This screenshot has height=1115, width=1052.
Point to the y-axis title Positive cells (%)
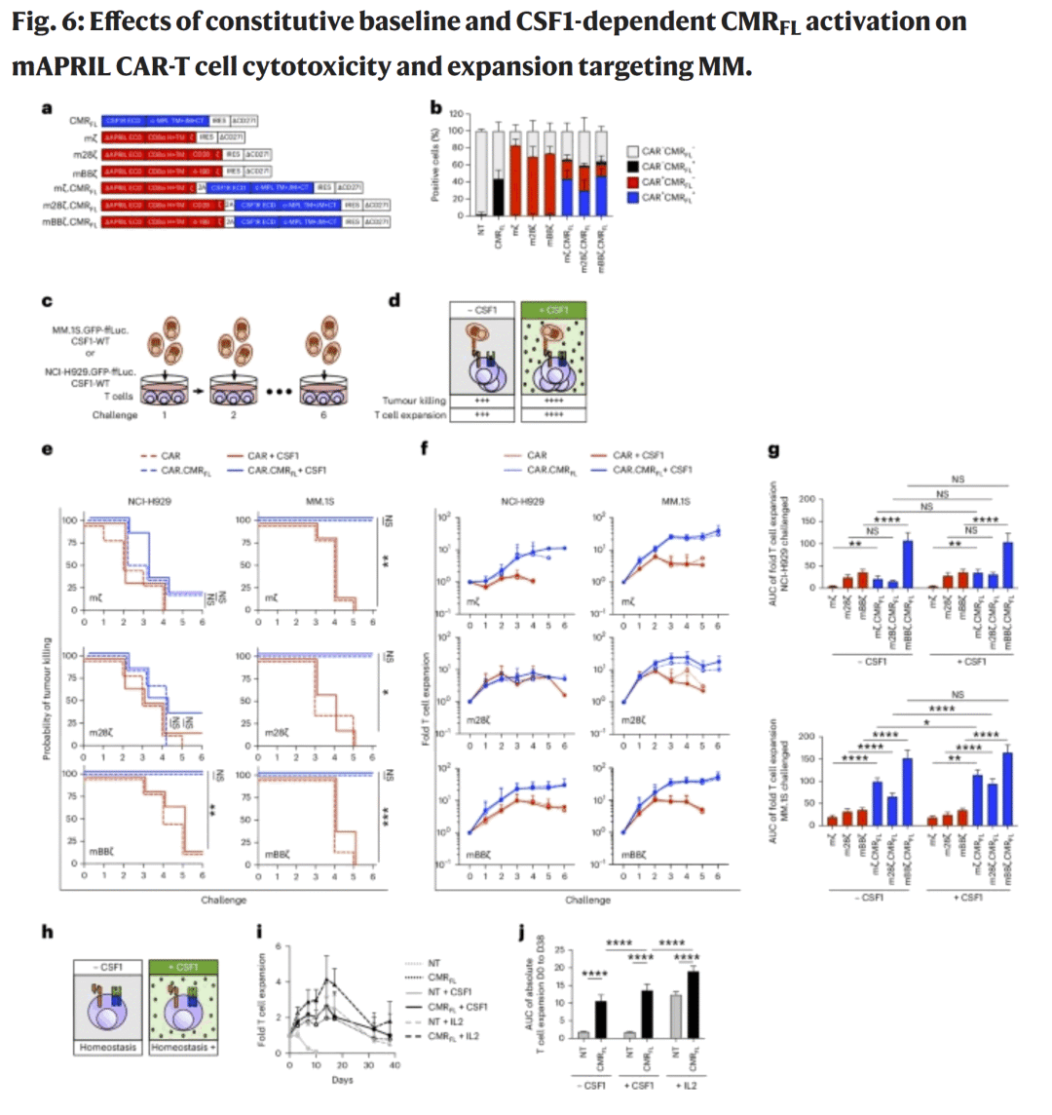(x=437, y=166)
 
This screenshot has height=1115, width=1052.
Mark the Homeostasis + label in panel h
(x=184, y=1048)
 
